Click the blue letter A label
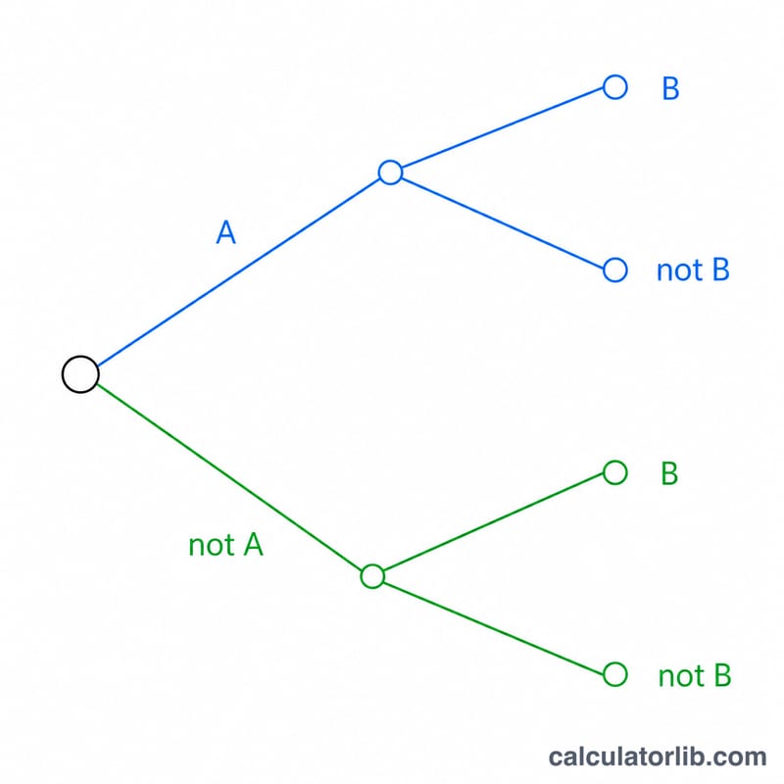click(x=226, y=232)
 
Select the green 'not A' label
click(x=225, y=545)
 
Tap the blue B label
click(x=670, y=88)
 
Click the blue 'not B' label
click(x=693, y=270)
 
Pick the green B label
click(x=669, y=473)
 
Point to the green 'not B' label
click(x=695, y=675)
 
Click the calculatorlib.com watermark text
click(x=658, y=757)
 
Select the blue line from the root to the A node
click(x=238, y=272)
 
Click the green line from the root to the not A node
click(x=229, y=476)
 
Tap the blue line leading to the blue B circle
click(x=503, y=127)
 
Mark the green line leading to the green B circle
click(x=494, y=521)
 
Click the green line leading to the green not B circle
click(x=494, y=628)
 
